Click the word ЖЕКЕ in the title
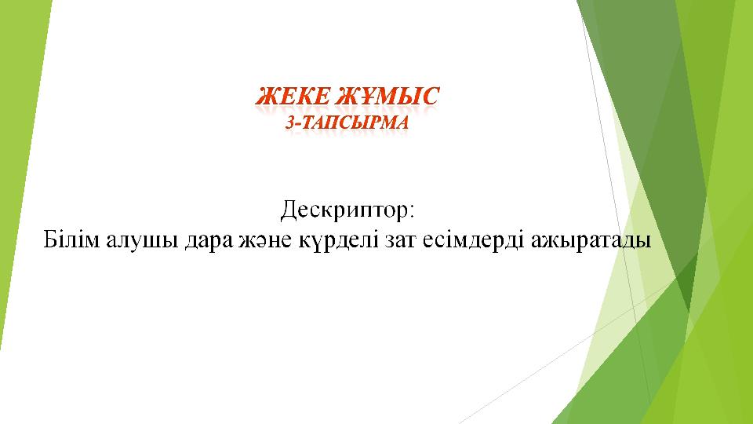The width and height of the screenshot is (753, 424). [293, 96]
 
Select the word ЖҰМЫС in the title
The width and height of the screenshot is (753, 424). [387, 96]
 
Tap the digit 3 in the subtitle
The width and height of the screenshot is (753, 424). [290, 122]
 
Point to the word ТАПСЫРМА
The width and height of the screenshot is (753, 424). [355, 122]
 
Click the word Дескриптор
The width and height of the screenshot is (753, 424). [344, 210]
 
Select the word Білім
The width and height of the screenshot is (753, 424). [71, 239]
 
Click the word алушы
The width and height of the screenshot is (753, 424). [142, 241]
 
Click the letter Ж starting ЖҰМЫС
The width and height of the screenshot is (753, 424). [347, 96]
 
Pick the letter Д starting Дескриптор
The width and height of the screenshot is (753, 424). [289, 210]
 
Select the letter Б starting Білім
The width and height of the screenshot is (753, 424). [51, 239]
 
